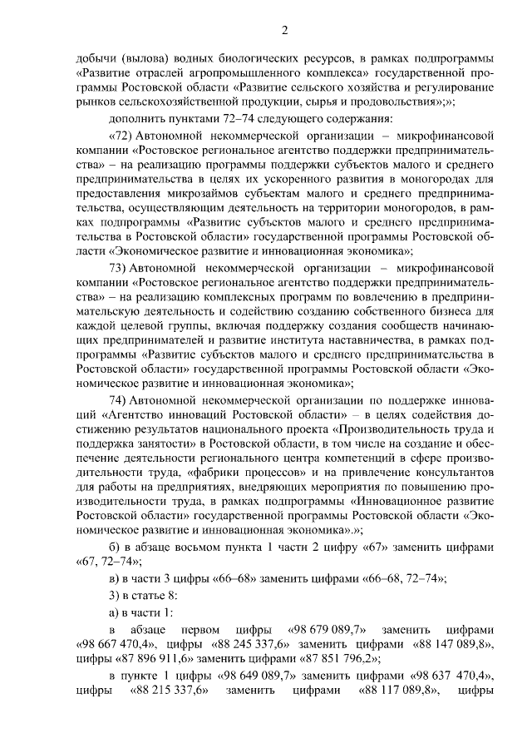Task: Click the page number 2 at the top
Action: coord(284,32)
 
